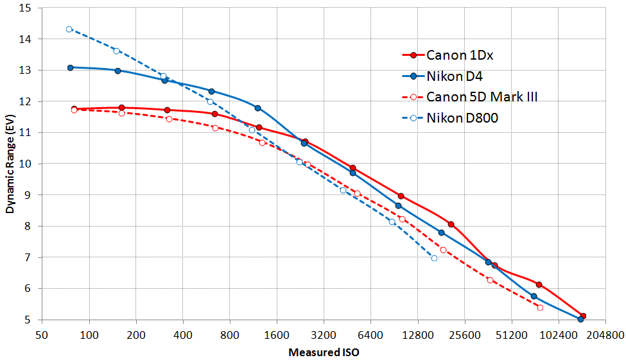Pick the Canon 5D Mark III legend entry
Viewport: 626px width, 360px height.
click(x=482, y=97)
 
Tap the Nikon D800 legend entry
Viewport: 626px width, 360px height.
click(x=462, y=117)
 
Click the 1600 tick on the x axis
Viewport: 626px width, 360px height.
click(x=277, y=335)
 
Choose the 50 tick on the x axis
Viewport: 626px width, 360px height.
click(x=42, y=335)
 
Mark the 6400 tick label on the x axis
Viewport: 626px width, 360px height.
click(x=370, y=335)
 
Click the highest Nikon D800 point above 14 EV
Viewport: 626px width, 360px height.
click(x=69, y=30)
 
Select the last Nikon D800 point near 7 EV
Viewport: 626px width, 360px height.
click(x=435, y=258)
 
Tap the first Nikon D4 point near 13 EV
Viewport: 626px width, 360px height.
click(x=71, y=67)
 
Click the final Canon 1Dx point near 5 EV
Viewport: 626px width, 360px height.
click(x=583, y=316)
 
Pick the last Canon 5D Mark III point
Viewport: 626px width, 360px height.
click(x=540, y=307)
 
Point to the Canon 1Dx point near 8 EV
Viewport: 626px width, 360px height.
click(x=451, y=224)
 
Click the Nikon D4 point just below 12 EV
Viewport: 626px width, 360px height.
click(x=257, y=108)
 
